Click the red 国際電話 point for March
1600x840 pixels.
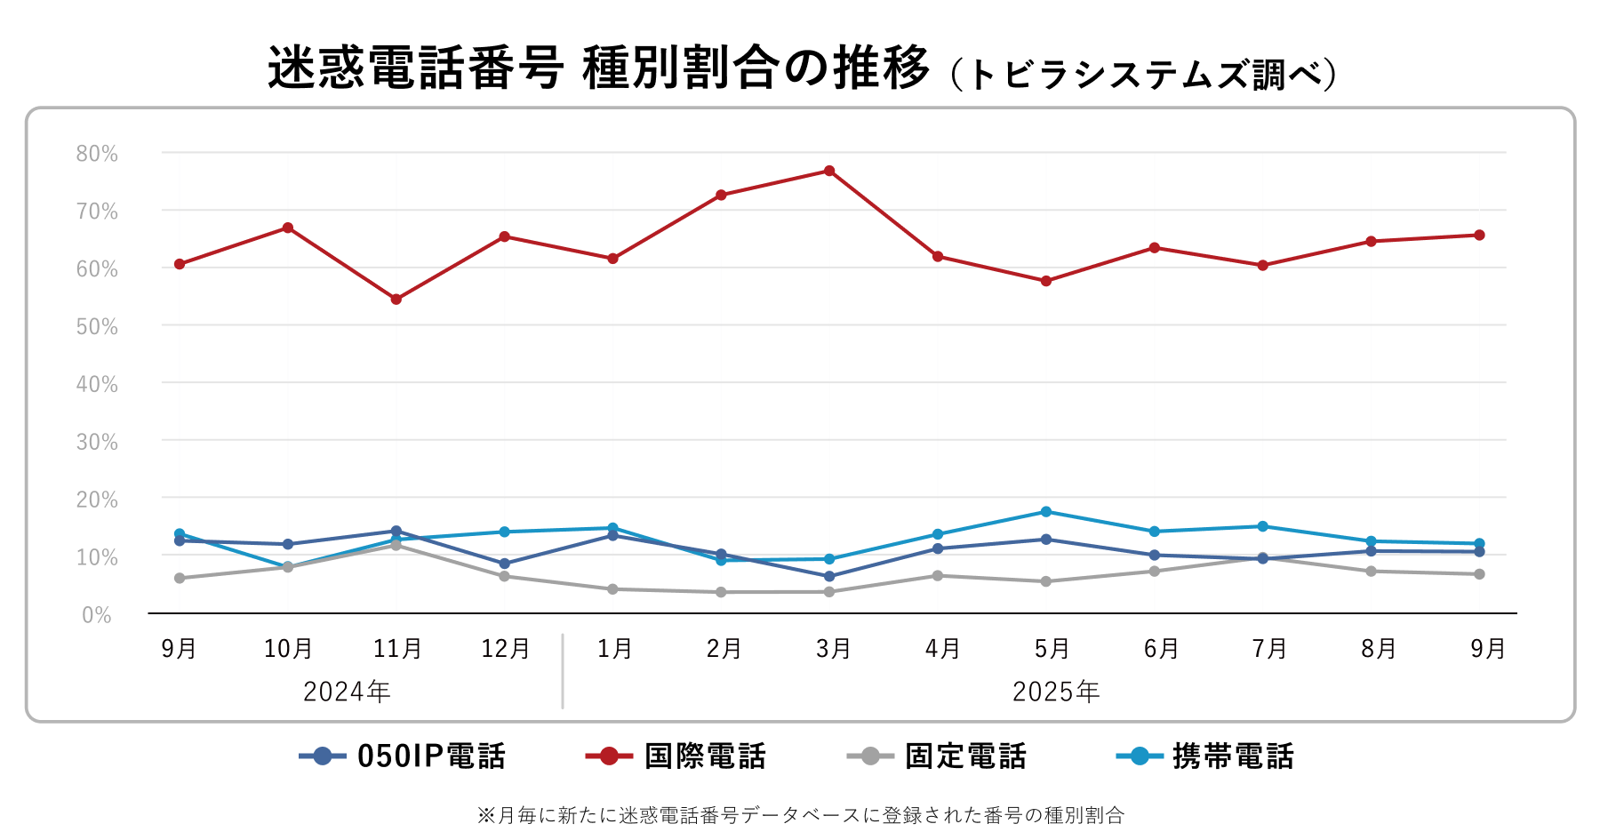(829, 171)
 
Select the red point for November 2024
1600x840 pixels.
(396, 300)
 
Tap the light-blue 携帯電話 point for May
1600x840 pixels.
(1046, 512)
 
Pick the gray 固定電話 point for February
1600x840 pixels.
(721, 592)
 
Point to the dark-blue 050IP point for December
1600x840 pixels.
(505, 564)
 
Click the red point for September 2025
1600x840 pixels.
(1479, 236)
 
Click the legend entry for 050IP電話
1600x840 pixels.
(403, 756)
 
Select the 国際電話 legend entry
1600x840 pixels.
(676, 756)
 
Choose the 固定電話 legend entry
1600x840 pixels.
(937, 756)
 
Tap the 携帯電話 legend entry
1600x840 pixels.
(1204, 756)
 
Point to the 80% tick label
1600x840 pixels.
(97, 154)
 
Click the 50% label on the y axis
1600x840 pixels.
(97, 326)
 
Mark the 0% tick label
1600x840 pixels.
(97, 615)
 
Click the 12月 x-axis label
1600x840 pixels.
(505, 649)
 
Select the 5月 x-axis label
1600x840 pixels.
(1052, 649)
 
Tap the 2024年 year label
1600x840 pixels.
(347, 692)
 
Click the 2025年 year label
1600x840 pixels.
(1056, 692)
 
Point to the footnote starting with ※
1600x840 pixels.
(800, 815)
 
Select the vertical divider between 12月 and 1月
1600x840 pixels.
(563, 671)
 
